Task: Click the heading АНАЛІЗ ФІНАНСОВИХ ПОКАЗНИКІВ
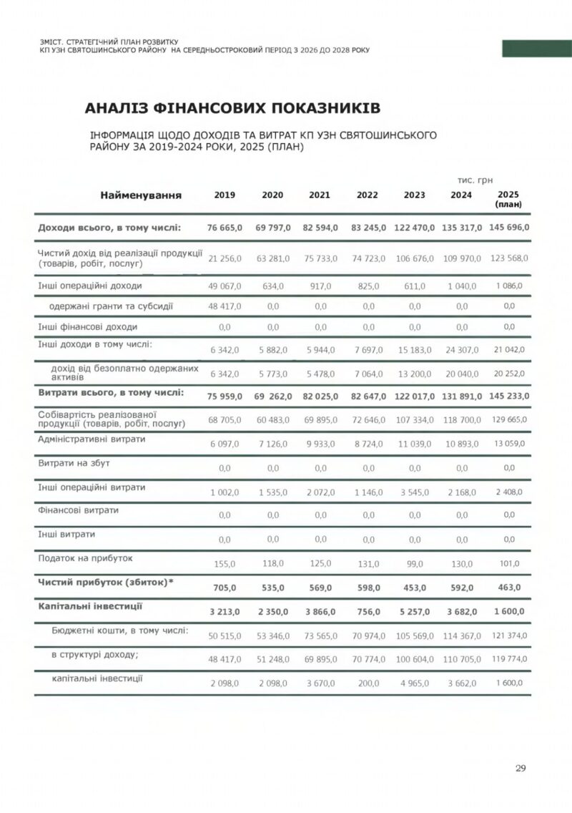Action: tap(232, 109)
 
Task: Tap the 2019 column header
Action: tap(225, 195)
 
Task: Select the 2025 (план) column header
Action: tap(508, 199)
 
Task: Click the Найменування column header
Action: tap(141, 195)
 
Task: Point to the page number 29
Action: tap(521, 769)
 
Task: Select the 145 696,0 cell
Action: tap(508, 228)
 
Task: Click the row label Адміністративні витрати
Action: tap(92, 439)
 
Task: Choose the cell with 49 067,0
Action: tap(225, 286)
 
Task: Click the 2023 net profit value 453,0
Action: tap(414, 588)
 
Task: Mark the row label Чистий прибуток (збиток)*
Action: tap(106, 583)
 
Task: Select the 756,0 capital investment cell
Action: tap(368, 612)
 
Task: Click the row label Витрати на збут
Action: tap(74, 463)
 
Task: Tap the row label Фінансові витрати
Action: tap(79, 510)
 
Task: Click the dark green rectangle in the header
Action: tap(536, 49)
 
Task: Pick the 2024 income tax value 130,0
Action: tap(462, 564)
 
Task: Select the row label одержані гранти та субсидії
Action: tap(111, 306)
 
